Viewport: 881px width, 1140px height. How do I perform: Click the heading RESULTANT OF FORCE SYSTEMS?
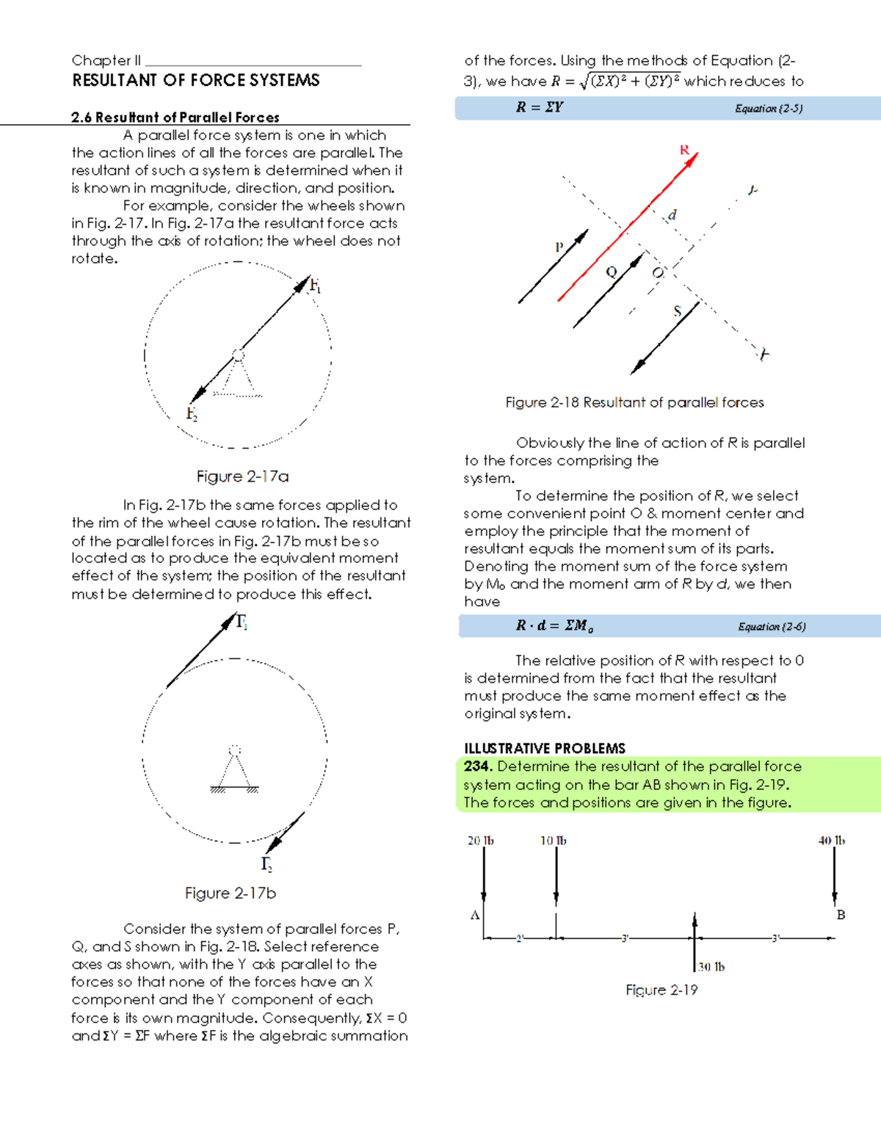(x=195, y=80)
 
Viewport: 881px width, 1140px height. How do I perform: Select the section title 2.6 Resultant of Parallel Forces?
(x=175, y=117)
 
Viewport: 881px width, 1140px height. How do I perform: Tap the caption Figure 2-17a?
(x=242, y=476)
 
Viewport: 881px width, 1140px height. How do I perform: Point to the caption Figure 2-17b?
(x=230, y=893)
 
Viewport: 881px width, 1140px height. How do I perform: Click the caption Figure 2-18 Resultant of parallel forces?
(x=634, y=402)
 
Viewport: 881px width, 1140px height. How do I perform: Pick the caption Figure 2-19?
(x=661, y=990)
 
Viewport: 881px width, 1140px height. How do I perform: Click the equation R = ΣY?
(x=539, y=107)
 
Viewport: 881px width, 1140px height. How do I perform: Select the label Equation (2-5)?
(x=769, y=109)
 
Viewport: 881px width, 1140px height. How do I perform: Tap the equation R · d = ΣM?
(x=554, y=625)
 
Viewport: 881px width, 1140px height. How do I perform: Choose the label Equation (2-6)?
(x=772, y=627)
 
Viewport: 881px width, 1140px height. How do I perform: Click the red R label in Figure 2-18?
(x=684, y=150)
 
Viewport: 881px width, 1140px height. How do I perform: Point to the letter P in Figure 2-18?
(x=559, y=247)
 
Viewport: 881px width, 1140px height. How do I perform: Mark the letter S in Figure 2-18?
(x=677, y=311)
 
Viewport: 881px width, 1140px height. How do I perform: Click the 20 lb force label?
(x=480, y=841)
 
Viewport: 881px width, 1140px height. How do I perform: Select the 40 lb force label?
(x=831, y=841)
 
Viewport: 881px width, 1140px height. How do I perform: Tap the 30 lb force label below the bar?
(x=711, y=967)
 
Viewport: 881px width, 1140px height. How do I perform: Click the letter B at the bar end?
(x=841, y=915)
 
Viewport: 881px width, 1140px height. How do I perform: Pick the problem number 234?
(x=477, y=766)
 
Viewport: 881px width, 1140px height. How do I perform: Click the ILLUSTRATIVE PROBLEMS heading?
(x=544, y=748)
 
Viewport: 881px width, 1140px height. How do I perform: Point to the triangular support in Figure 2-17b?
(x=234, y=772)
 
